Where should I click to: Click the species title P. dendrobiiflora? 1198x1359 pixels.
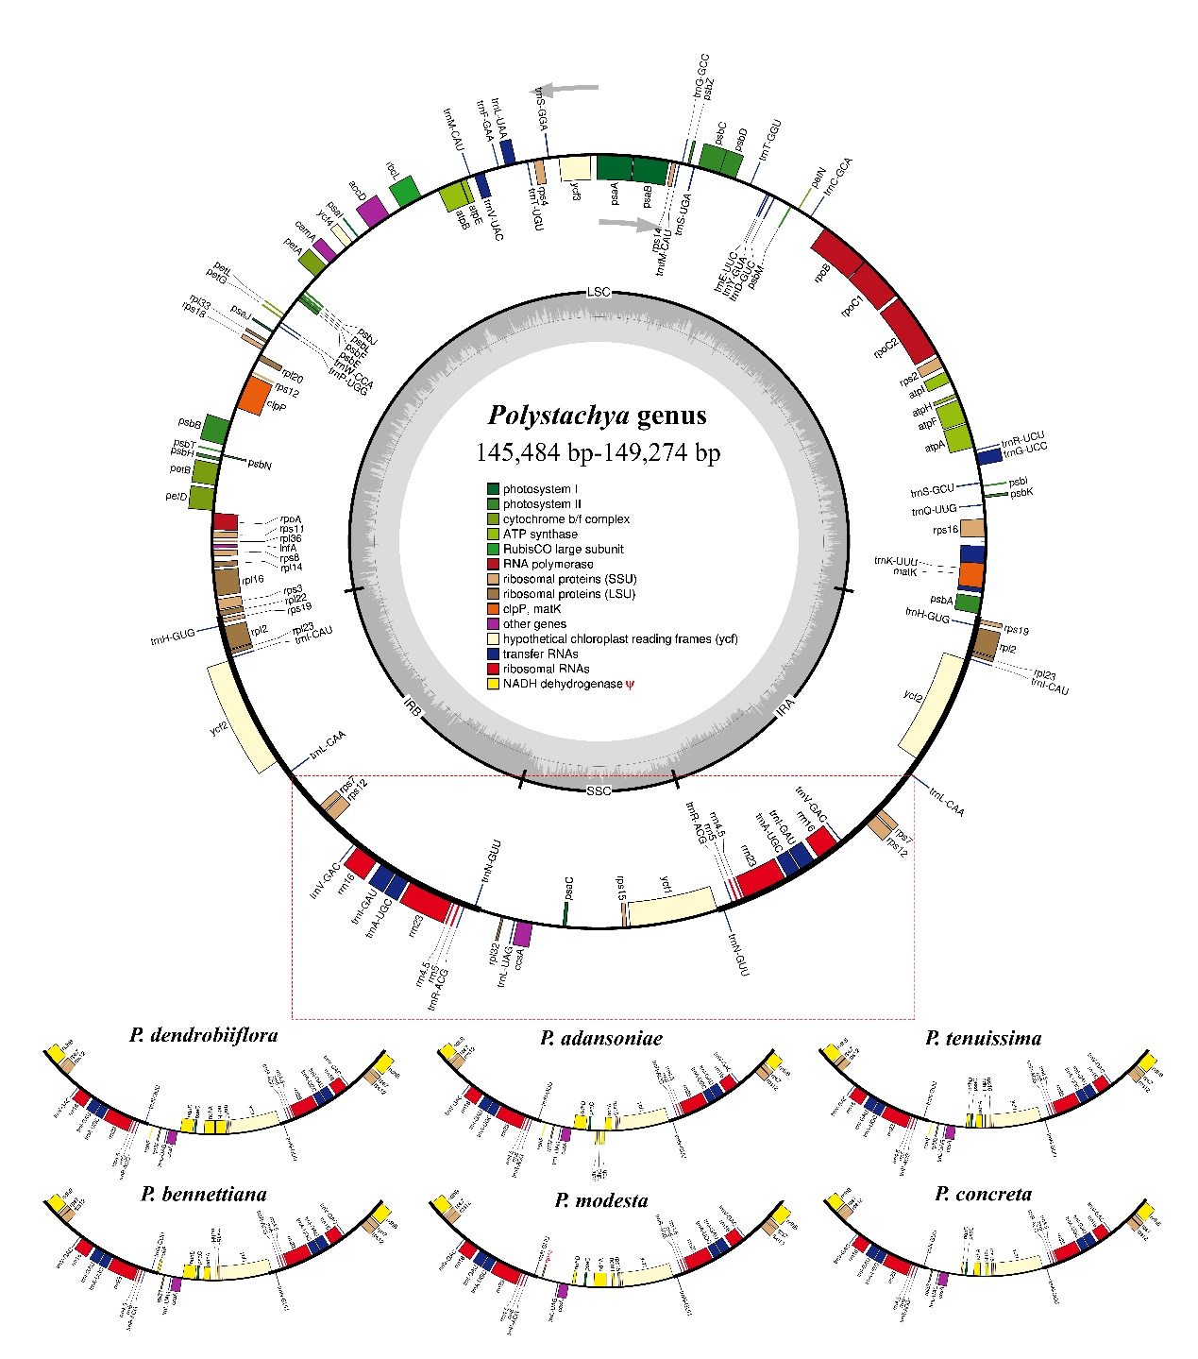203,1035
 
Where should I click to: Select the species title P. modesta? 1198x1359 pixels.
601,1200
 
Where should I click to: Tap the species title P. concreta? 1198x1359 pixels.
983,1194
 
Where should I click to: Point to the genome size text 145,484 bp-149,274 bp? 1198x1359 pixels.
598,453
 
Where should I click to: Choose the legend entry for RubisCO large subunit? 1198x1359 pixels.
563,549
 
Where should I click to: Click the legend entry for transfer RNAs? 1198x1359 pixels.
540,654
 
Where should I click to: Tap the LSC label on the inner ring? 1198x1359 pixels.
599,292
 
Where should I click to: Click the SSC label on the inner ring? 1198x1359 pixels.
599,790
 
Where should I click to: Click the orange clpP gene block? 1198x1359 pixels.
255,396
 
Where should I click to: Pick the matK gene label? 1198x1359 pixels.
905,572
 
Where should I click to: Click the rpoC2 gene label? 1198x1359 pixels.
885,348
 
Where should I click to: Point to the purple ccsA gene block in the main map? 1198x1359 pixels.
522,934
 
